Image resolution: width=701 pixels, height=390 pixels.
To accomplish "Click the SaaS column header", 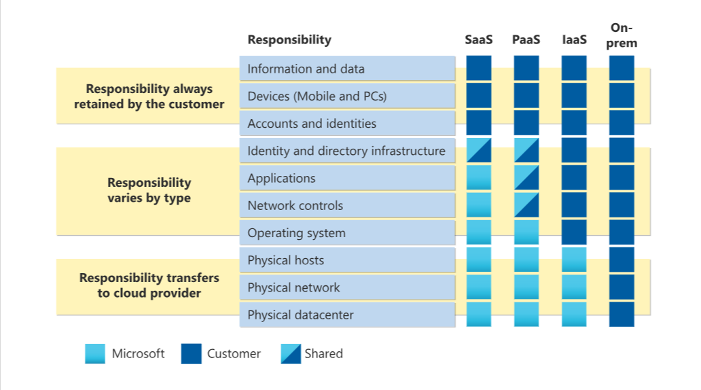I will pyautogui.click(x=478, y=39).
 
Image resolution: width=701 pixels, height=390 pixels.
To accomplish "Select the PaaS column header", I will pyautogui.click(x=526, y=39).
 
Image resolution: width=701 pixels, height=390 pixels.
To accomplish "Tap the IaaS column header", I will pyautogui.click(x=574, y=39).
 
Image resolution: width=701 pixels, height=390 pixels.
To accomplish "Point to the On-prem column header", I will pyautogui.click(x=622, y=35).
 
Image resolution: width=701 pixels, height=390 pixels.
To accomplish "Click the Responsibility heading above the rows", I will pyautogui.click(x=289, y=39).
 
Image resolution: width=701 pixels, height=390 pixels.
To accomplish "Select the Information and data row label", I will pyautogui.click(x=306, y=69).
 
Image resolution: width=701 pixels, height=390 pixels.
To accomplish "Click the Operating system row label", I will pyautogui.click(x=296, y=233).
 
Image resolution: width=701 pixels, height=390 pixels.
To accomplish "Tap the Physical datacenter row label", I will pyautogui.click(x=300, y=315).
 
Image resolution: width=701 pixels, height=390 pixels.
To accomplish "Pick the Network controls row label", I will pyautogui.click(x=295, y=205).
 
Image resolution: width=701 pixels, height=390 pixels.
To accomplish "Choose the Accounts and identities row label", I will pyautogui.click(x=312, y=124).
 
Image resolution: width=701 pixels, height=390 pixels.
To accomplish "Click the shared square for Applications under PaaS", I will pyautogui.click(x=526, y=178).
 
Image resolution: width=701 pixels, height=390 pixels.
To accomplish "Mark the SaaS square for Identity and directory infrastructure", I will pyautogui.click(x=479, y=151).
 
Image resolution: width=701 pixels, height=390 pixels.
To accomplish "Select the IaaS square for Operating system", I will pyautogui.click(x=574, y=232).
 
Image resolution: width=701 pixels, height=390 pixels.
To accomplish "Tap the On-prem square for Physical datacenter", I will pyautogui.click(x=622, y=315).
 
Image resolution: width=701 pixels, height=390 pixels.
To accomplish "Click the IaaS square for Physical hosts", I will pyautogui.click(x=574, y=260).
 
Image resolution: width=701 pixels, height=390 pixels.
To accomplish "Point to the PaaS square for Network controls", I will pyautogui.click(x=526, y=205).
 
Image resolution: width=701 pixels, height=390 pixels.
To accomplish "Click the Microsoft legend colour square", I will pyautogui.click(x=95, y=353).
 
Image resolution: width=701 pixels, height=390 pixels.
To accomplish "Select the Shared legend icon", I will pyautogui.click(x=291, y=353).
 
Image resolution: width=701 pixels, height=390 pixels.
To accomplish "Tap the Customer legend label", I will pyautogui.click(x=234, y=353).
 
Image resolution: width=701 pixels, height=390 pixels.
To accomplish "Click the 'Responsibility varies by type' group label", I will pyautogui.click(x=149, y=190).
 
